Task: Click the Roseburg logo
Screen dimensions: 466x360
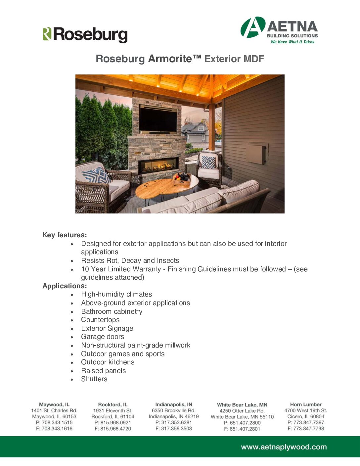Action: (85, 35)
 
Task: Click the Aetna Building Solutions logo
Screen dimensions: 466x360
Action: (279, 30)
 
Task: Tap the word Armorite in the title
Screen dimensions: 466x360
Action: (170, 59)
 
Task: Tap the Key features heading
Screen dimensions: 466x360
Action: (65, 235)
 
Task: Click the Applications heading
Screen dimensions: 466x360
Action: (65, 286)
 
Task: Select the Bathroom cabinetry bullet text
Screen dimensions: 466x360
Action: (112, 311)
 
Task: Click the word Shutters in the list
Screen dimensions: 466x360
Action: (94, 379)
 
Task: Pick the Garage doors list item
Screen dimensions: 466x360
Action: (103, 337)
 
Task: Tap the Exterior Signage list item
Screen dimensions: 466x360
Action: (107, 328)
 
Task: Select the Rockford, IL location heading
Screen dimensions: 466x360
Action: (112, 404)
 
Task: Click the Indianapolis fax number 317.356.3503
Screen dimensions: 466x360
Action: (176, 428)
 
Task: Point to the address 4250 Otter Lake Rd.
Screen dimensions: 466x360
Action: (242, 411)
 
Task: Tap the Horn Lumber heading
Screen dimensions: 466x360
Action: (306, 404)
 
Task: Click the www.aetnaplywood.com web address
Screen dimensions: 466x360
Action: (284, 447)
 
